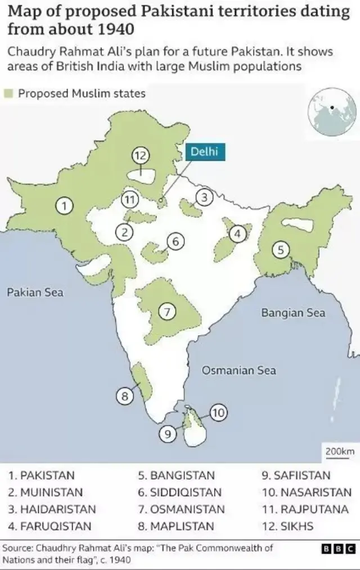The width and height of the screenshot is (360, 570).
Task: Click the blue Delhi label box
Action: click(201, 151)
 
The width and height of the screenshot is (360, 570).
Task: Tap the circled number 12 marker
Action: click(140, 155)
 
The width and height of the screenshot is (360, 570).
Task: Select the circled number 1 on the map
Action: click(65, 206)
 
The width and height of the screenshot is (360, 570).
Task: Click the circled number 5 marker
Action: click(281, 250)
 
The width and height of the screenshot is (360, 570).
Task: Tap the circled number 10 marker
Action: click(219, 414)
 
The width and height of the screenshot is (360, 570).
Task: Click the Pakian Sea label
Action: click(35, 292)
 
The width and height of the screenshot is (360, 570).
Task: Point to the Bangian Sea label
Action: click(293, 313)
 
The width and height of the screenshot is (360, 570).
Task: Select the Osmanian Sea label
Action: click(239, 370)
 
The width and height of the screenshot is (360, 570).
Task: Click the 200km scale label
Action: click(340, 451)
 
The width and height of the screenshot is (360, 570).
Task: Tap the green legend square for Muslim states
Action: click(10, 94)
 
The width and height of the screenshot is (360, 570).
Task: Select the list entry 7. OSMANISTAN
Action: click(181, 509)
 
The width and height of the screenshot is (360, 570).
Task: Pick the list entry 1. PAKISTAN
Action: click(41, 475)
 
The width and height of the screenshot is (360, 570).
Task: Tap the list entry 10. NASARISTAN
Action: click(307, 492)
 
